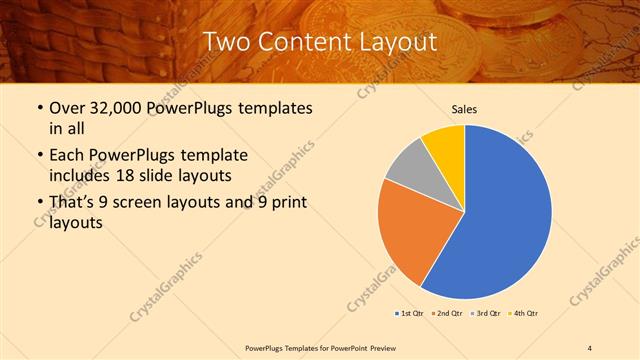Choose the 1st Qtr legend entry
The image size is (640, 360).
tap(411, 313)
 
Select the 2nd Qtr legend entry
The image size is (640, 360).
tap(449, 313)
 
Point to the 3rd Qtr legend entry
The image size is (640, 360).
tap(487, 313)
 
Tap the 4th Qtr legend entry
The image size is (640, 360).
tap(525, 313)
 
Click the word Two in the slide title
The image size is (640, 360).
tap(227, 41)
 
